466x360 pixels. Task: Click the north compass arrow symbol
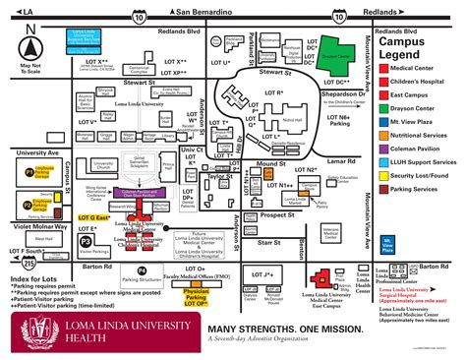click(x=30, y=47)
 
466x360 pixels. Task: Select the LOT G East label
click(x=95, y=216)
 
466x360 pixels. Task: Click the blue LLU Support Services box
click(x=91, y=40)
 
